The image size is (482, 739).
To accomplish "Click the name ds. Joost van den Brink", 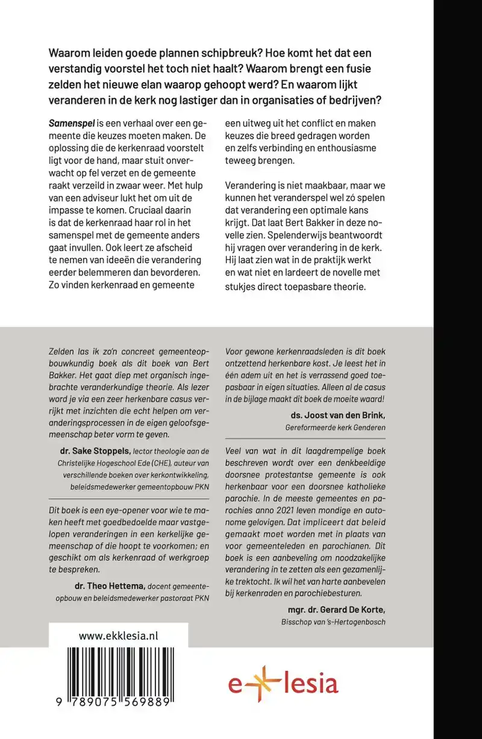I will click(x=337, y=415).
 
